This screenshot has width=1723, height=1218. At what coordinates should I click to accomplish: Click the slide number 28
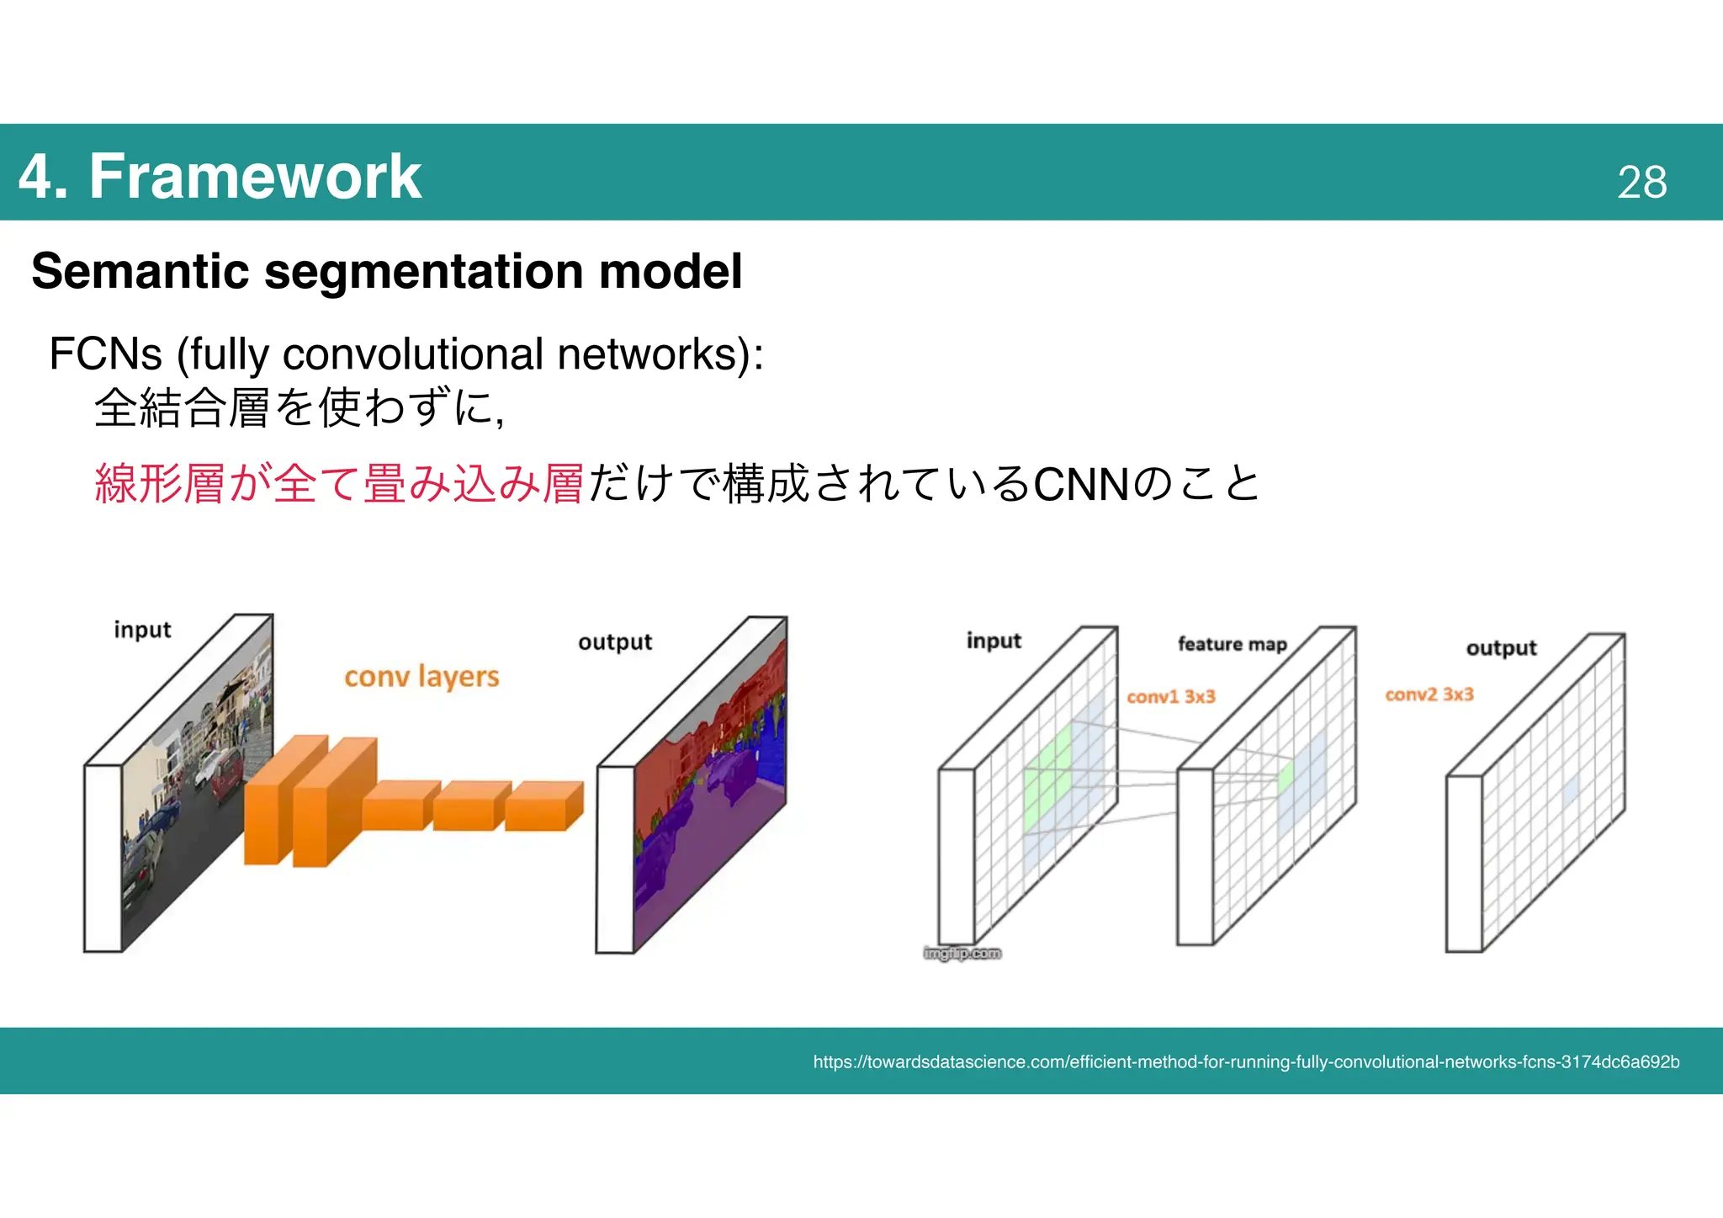1641,182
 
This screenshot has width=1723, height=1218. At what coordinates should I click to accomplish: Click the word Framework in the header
255,177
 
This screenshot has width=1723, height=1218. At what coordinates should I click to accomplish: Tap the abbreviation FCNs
105,354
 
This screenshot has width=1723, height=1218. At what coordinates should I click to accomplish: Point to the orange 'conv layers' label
421,677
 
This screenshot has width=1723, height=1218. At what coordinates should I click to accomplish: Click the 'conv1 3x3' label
1170,697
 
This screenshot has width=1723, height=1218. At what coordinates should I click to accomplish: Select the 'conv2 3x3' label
1429,694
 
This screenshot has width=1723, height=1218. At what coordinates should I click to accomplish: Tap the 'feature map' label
1232,644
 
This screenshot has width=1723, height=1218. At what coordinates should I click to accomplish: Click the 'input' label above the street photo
142,630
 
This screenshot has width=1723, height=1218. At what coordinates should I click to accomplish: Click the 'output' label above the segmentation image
615,642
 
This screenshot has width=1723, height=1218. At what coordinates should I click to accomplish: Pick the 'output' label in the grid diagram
1501,648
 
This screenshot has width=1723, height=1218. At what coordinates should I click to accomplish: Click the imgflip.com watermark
962,953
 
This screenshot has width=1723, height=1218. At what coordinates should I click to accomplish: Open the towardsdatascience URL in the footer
1245,1062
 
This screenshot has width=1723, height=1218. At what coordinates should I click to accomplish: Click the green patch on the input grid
1047,779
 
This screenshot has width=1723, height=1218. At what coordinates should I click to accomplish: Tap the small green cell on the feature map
1285,776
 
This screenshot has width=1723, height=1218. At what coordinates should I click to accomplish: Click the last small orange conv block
543,806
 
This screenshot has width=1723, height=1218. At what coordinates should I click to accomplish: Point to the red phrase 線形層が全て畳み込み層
339,485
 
